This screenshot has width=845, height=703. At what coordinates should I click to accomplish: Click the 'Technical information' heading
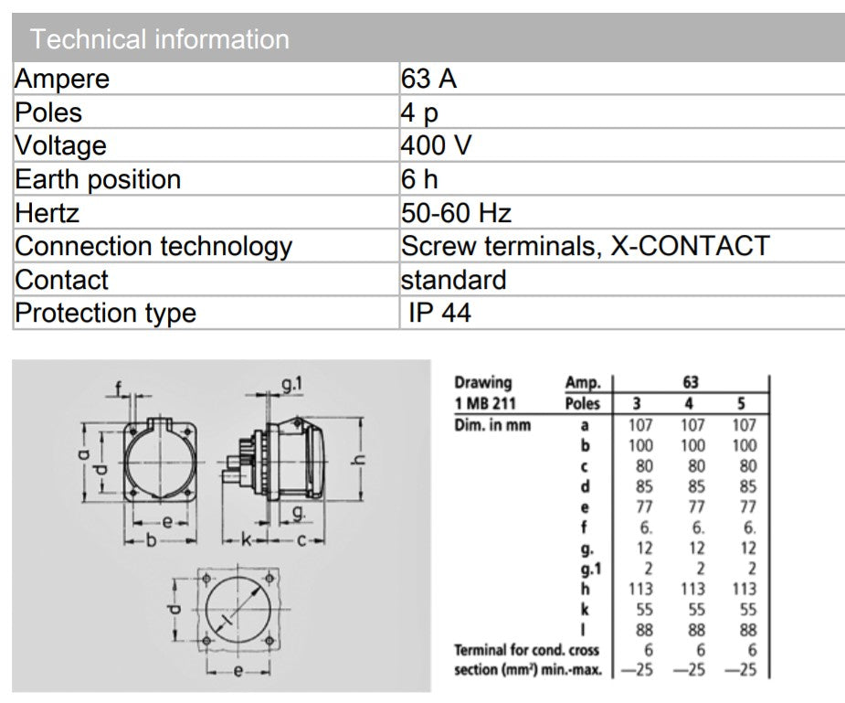pyautogui.click(x=160, y=39)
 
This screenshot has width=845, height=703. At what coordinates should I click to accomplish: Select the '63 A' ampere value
pyautogui.click(x=428, y=79)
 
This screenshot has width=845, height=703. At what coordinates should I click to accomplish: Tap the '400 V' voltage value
pyautogui.click(x=436, y=145)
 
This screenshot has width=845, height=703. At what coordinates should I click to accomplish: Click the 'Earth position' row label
pyautogui.click(x=98, y=179)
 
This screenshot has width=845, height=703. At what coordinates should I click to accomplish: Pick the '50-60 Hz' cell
pyautogui.click(x=456, y=213)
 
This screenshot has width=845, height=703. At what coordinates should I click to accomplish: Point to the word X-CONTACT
pyautogui.click(x=690, y=246)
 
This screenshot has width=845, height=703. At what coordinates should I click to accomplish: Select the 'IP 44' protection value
pyautogui.click(x=439, y=313)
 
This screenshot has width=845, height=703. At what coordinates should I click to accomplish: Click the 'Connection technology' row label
pyautogui.click(x=153, y=247)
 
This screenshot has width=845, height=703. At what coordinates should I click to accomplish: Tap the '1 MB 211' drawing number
pyautogui.click(x=485, y=403)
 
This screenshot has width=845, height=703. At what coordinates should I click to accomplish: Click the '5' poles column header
pyautogui.click(x=742, y=403)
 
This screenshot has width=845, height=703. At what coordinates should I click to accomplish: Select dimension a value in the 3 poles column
pyautogui.click(x=640, y=425)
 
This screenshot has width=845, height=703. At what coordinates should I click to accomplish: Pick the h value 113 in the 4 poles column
pyautogui.click(x=692, y=589)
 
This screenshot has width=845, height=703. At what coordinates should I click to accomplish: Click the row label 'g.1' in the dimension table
pyautogui.click(x=591, y=570)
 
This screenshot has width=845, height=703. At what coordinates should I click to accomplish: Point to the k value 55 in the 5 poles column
pyautogui.click(x=748, y=609)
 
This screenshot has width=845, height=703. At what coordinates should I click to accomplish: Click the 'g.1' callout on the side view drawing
pyautogui.click(x=291, y=384)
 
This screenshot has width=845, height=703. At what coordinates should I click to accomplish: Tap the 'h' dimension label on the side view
pyautogui.click(x=358, y=460)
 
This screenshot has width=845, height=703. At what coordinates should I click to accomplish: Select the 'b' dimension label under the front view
pyautogui.click(x=152, y=539)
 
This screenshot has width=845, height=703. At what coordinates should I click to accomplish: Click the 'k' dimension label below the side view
pyautogui.click(x=246, y=539)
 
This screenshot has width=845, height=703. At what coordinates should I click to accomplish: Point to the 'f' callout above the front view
pyautogui.click(x=119, y=389)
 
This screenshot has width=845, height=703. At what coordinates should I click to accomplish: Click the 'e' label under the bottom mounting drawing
pyautogui.click(x=238, y=671)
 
